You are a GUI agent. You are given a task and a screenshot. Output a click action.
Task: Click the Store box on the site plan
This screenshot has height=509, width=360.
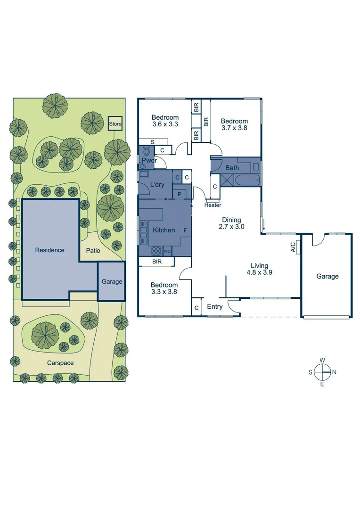click(x=115, y=124)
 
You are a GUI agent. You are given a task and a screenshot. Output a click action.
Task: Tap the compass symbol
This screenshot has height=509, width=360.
click(x=322, y=372)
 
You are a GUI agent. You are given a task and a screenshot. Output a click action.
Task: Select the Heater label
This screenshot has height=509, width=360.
click(x=213, y=205)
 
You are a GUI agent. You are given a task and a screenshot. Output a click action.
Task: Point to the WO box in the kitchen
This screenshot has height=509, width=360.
click(x=168, y=251)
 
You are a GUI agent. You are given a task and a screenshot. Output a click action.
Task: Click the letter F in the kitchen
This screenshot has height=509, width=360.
click(x=185, y=230)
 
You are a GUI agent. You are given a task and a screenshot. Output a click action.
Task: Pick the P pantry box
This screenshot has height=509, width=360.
click(x=180, y=194)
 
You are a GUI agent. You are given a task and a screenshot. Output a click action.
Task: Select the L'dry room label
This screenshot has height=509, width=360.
click(x=157, y=185)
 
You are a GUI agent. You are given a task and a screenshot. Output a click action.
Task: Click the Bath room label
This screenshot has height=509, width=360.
click(x=232, y=168)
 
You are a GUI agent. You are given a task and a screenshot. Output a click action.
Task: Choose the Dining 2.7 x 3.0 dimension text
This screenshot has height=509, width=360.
click(x=229, y=223)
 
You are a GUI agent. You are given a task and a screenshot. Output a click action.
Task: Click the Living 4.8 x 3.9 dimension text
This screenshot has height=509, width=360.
click(x=259, y=269)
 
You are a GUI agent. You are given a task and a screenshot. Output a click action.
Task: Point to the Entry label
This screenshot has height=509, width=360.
click(x=215, y=307)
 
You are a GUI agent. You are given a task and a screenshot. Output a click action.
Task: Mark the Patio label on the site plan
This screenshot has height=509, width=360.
click(x=93, y=251)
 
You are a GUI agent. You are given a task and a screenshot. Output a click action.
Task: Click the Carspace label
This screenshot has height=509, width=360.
click(x=61, y=363)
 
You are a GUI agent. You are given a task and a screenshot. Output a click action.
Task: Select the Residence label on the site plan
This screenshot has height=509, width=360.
click(x=49, y=250)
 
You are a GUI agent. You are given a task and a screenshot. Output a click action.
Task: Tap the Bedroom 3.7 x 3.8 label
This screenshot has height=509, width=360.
click(x=234, y=124)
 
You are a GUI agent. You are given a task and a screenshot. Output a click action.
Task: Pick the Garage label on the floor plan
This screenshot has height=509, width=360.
click(x=327, y=277)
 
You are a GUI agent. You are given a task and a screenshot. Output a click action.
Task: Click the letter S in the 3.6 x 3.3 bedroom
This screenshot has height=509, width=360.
click(x=152, y=142)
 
